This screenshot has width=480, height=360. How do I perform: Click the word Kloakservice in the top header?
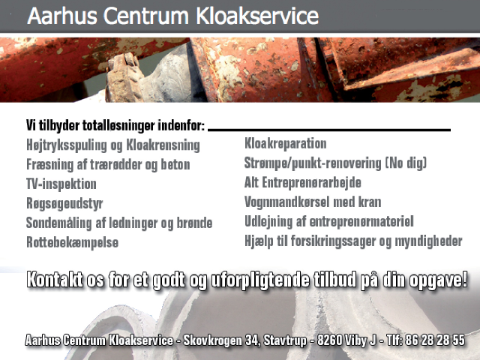click(257, 16)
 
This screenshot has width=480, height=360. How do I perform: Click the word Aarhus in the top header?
click(62, 16)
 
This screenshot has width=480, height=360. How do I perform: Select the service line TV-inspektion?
click(61, 184)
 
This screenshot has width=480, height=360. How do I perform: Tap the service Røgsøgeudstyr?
click(64, 204)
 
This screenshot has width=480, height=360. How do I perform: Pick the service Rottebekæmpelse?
click(72, 242)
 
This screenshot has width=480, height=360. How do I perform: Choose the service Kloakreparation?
click(285, 143)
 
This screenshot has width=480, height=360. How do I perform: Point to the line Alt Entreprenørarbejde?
click(303, 183)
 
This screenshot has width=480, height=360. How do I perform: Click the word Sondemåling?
click(58, 223)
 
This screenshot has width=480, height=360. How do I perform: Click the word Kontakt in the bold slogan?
click(55, 280)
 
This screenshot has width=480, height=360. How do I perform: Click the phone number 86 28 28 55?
click(435, 340)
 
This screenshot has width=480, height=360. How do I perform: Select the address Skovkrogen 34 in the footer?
click(221, 340)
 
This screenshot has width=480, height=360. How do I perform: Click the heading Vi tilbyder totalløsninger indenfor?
click(115, 125)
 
